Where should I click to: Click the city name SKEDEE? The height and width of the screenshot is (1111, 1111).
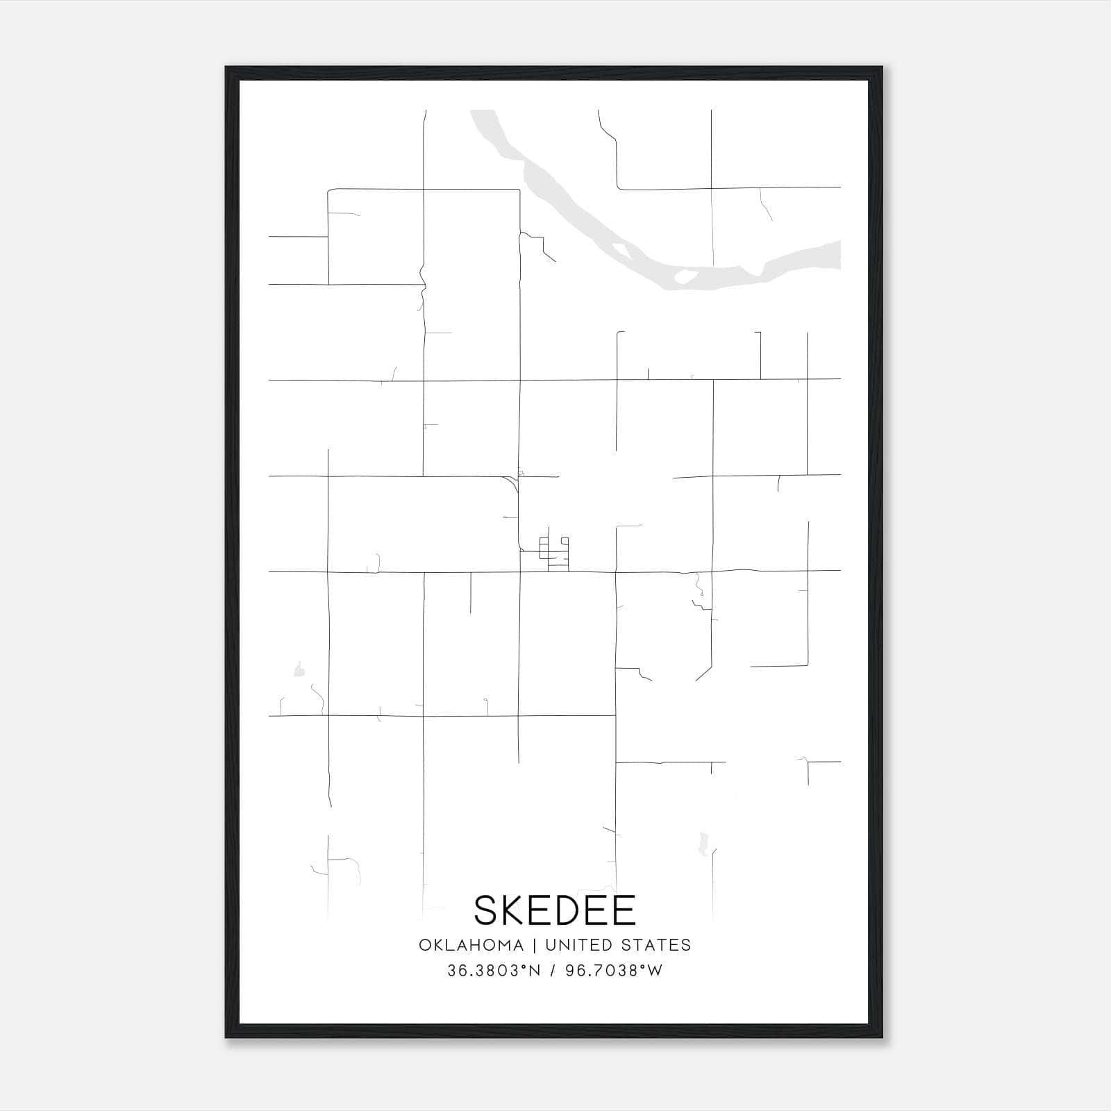(555, 910)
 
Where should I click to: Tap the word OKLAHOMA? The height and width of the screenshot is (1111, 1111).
(471, 945)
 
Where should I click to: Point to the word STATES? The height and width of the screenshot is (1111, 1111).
(657, 945)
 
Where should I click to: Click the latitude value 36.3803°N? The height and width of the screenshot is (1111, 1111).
(494, 971)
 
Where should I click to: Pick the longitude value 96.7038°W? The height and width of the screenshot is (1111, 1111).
(615, 971)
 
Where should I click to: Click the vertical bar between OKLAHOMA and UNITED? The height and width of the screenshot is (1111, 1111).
(535, 945)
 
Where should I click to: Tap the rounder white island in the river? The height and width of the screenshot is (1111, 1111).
(686, 276)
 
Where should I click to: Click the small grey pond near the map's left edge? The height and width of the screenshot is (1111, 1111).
(299, 670)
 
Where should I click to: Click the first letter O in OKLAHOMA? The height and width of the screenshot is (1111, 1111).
(424, 945)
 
